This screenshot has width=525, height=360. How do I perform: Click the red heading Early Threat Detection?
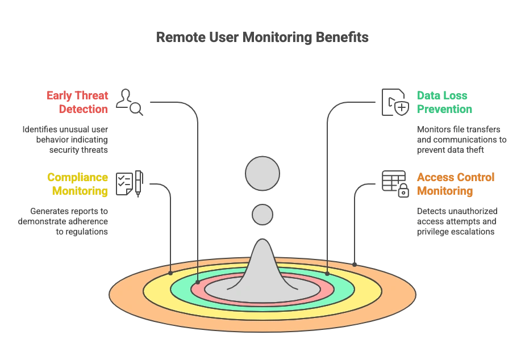[77, 102]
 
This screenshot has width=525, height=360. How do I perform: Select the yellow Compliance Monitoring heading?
[77, 183]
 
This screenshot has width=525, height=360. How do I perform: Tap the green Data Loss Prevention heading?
[443, 102]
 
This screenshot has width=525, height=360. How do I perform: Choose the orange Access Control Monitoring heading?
[456, 183]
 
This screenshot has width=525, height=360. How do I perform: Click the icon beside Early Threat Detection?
[128, 102]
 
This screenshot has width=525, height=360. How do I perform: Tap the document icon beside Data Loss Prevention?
[393, 102]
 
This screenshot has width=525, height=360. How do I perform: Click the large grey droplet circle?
[262, 173]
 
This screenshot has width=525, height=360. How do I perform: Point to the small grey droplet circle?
[262, 215]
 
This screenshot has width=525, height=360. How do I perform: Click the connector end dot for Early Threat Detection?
[197, 282]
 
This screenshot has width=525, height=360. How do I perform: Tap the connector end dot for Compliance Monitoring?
[170, 273]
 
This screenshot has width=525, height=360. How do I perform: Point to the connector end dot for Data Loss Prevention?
[327, 274]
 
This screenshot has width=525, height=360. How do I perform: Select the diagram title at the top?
[262, 37]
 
